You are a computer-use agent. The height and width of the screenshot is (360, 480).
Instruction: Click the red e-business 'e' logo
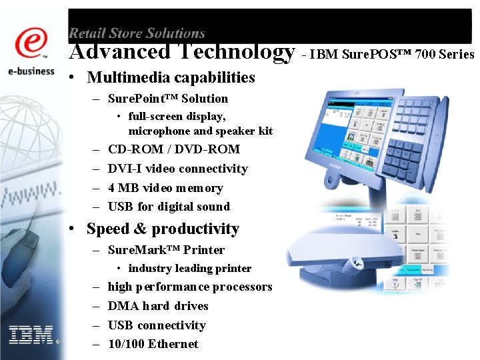[32, 44]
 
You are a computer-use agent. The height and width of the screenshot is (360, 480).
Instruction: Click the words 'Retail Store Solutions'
[137, 33]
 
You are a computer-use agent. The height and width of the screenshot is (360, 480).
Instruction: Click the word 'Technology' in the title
[235, 51]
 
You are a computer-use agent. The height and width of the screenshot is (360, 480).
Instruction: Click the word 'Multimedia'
[130, 77]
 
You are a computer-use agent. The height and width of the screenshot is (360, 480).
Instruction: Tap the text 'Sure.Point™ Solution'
[167, 99]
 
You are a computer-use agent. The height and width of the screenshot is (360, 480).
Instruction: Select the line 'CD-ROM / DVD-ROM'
[173, 149]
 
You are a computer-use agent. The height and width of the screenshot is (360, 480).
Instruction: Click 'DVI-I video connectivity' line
[177, 169]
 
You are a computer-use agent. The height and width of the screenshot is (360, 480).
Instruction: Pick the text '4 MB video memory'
[165, 188]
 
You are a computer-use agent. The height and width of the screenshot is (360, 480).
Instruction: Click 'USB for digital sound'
[169, 207]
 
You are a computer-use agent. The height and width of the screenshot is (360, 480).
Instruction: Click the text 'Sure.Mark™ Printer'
[166, 250]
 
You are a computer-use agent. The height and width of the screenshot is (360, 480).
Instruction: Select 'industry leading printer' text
[189, 269]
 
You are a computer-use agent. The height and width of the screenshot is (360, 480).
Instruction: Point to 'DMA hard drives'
[158, 306]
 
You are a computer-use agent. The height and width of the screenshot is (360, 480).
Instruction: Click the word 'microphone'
[157, 131]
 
